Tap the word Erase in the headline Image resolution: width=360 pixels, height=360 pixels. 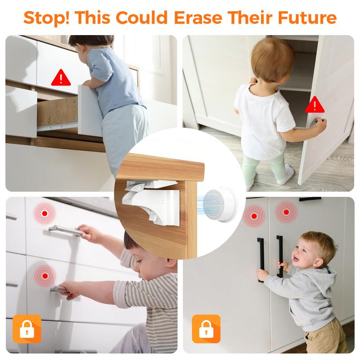(198, 18)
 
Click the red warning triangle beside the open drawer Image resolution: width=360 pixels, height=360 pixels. (61, 77)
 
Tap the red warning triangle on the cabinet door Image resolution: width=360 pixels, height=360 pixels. (315, 104)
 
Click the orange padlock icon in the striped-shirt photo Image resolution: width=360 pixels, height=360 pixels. (27, 329)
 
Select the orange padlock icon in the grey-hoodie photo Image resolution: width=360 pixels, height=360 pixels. (206, 329)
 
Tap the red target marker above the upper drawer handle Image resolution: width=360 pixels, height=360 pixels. (45, 213)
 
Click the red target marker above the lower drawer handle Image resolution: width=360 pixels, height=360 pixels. (45, 276)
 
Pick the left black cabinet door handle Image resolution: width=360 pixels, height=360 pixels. (261, 260)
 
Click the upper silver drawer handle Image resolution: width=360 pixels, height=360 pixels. (65, 230)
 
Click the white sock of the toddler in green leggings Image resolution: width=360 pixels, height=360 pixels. (286, 175)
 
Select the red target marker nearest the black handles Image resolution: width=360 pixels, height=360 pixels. (286, 212)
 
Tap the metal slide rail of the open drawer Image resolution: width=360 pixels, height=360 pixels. (57, 126)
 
